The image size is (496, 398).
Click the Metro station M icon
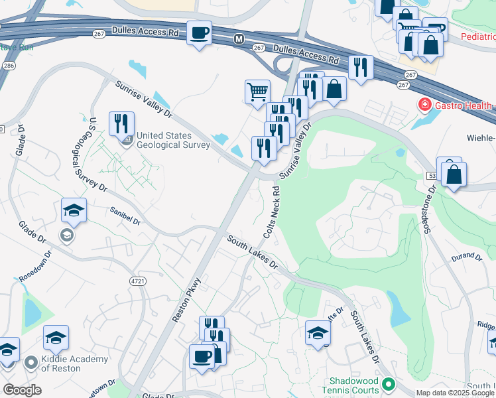point(239,40)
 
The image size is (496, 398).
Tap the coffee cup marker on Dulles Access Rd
point(199,33)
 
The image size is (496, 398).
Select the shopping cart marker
point(257,91)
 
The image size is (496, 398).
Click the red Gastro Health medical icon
point(423,105)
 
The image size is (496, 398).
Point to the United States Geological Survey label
point(172,140)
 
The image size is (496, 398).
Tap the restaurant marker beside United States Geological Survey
point(121,124)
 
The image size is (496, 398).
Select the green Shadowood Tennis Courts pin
point(389,385)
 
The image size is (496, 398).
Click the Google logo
point(22,390)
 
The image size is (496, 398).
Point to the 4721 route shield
point(137,281)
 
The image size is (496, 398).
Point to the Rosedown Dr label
point(34,266)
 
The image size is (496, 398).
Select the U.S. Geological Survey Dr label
point(97,154)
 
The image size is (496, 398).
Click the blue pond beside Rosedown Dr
point(31,309)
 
